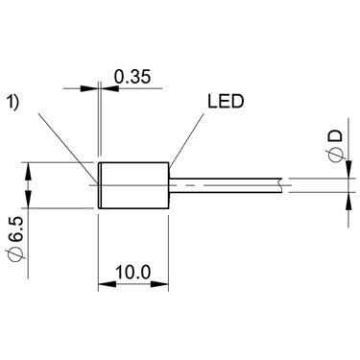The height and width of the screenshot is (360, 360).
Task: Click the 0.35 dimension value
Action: [x=132, y=77]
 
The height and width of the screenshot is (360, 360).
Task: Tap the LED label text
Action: [x=226, y=102]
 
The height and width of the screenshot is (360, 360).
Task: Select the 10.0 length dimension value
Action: [x=132, y=273]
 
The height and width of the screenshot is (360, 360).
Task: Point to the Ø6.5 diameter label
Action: [x=17, y=239]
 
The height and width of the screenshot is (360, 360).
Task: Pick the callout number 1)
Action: [x=13, y=103]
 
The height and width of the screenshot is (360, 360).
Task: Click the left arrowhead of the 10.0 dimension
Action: [x=107, y=284]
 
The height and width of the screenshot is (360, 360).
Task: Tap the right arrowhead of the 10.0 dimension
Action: [x=159, y=284]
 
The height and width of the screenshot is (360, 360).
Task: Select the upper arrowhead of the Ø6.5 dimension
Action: [x=29, y=172]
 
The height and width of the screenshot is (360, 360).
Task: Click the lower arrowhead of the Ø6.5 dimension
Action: [x=29, y=199]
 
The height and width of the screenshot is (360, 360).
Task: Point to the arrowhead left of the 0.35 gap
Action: [x=89, y=88]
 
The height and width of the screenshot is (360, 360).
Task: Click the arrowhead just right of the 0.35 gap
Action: [x=109, y=88]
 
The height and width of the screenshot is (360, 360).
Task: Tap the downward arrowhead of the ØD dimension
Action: [x=348, y=169]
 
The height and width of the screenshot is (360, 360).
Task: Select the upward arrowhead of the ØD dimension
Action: [x=348, y=202]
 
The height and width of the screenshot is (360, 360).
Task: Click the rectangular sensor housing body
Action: [x=133, y=185]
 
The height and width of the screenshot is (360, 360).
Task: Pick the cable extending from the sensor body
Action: [x=226, y=185]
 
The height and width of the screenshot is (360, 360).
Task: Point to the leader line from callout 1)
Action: [x=66, y=148]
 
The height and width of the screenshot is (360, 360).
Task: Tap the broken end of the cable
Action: [x=280, y=185]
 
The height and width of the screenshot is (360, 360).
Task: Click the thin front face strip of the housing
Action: [x=100, y=185]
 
